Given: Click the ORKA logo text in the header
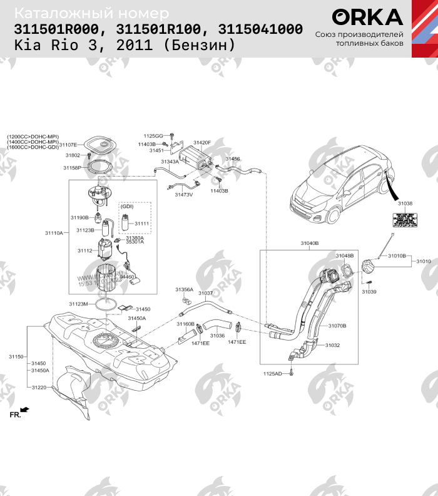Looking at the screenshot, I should [x=367, y=17].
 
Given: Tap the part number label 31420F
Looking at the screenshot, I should [x=202, y=143].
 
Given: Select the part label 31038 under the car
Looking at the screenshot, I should [x=405, y=204].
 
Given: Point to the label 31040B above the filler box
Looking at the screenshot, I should [x=309, y=242].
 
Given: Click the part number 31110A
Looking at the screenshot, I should [x=54, y=233].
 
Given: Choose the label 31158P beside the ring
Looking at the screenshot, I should [x=72, y=168].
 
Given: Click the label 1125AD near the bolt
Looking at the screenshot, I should [x=273, y=374].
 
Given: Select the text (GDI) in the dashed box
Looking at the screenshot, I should [x=127, y=206].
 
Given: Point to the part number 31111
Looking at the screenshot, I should [x=142, y=224].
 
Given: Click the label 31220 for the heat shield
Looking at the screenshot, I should [x=39, y=388].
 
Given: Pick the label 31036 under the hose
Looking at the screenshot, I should [x=216, y=336].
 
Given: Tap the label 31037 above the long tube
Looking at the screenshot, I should [x=206, y=293].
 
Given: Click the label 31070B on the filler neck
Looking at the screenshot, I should [x=337, y=326].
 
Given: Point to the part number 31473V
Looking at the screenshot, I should [x=184, y=195].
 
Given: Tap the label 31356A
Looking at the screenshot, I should [x=184, y=289].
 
